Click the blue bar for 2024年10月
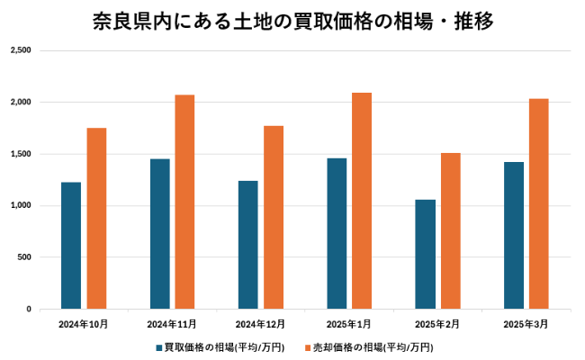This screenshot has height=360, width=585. (71, 246)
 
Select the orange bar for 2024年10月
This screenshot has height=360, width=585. (96, 219)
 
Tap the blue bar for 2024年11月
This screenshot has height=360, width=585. (160, 234)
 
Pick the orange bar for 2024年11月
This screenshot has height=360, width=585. (184, 202)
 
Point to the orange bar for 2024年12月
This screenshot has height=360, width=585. (274, 218)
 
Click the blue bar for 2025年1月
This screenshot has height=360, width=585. (337, 234)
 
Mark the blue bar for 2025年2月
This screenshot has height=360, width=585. (426, 255)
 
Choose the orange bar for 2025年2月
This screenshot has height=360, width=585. (450, 231)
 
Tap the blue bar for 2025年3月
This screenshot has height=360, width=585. (514, 236)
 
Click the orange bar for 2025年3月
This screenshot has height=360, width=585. (539, 204)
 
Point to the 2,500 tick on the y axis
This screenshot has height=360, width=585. (21, 50)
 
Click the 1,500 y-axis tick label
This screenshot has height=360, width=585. (21, 154)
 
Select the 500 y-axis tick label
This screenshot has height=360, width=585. (24, 257)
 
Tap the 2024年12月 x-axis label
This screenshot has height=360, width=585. (260, 323)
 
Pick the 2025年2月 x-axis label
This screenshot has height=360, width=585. (437, 323)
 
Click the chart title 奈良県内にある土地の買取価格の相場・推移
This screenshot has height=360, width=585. (292, 20)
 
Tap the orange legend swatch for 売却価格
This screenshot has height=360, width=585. (307, 346)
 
